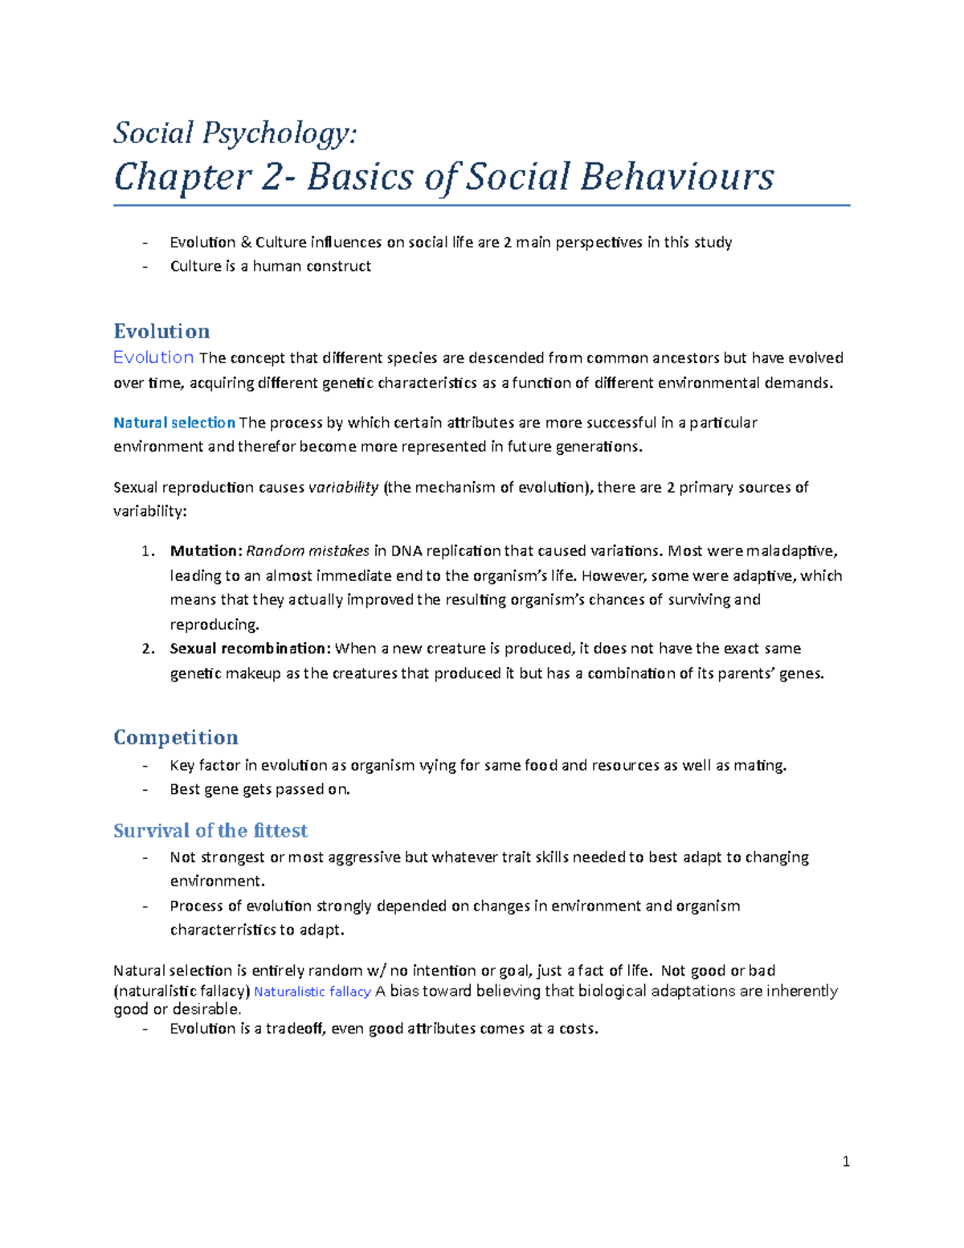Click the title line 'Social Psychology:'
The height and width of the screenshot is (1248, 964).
[235, 133]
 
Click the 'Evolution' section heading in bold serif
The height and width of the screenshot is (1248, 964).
[161, 331]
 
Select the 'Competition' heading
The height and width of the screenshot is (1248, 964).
[175, 737]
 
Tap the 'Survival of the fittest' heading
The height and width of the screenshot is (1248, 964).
[210, 830]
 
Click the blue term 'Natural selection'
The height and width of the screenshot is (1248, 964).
[174, 423]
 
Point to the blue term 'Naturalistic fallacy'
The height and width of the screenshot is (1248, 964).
[312, 992]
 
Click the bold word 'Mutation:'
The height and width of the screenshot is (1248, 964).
[206, 551]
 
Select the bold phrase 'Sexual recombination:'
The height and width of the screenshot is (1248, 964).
[250, 649]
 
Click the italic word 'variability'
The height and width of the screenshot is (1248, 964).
[343, 488]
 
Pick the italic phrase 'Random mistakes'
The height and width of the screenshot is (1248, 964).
[307, 551]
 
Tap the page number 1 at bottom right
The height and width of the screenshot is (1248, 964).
[846, 1161]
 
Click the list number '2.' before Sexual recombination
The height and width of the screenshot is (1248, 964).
[148, 649]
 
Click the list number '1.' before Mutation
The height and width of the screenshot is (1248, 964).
[148, 551]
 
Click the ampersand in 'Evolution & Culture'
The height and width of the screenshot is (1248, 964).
[246, 243]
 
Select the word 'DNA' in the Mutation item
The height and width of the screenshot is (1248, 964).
[406, 551]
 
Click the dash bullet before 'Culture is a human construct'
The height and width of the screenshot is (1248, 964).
[145, 267]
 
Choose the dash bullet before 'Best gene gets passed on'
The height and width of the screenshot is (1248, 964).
[145, 790]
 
